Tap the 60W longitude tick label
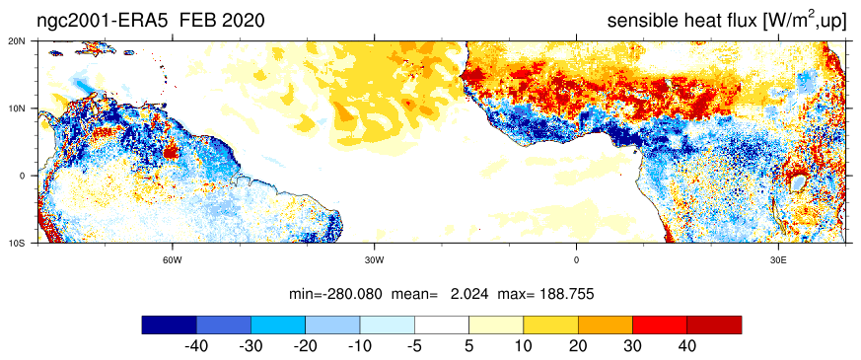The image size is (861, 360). coord(172,259)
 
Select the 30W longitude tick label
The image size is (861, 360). coord(374,259)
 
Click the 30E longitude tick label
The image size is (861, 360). coord(778,259)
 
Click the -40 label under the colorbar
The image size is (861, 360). coord(196,347)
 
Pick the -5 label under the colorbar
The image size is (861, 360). coord(414,347)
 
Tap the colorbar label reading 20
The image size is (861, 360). coord(578,347)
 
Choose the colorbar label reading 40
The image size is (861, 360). coord(687,347)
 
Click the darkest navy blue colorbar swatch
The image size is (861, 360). coord(169,324)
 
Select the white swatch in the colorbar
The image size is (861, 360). coord(442,324)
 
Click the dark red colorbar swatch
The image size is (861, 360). coord(714,324)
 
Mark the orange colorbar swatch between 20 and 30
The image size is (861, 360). coord(606,324)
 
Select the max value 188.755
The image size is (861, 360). coord(567,294)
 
